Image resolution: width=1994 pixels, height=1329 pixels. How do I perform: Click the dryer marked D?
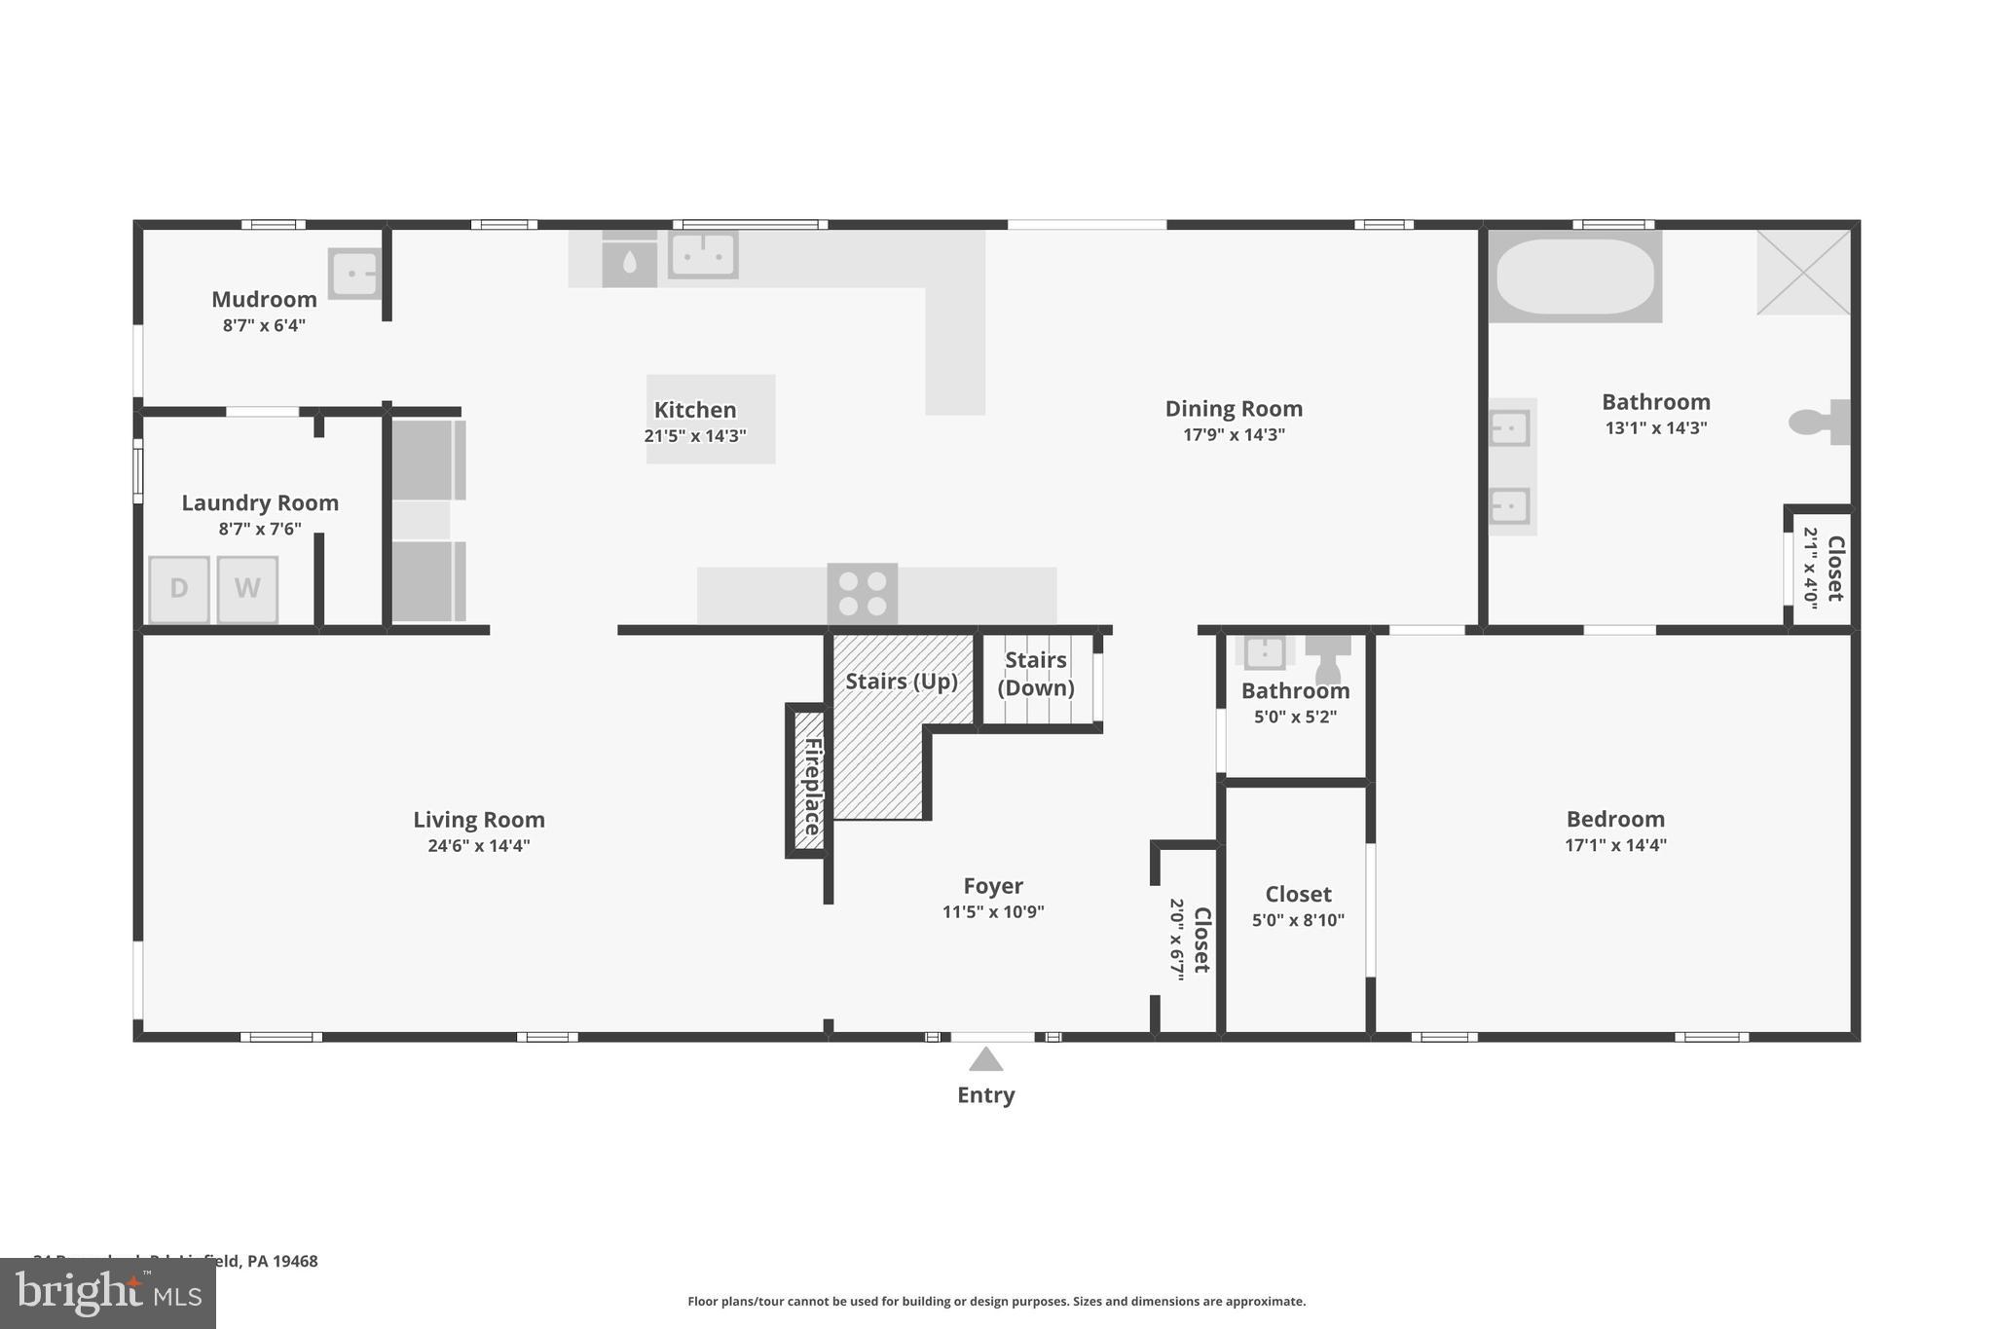179,589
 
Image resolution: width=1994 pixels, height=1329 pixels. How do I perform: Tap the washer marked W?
247,589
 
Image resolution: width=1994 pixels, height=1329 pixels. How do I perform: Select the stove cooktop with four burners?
863,594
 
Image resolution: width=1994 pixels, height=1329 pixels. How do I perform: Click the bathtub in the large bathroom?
1574,277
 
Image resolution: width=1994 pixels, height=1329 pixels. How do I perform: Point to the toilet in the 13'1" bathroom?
1817,422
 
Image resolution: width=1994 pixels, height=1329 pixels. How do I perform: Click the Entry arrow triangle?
985,1059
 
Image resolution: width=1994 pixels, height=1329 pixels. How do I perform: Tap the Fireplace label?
811,786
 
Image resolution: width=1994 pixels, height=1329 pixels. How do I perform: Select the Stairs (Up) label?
901,682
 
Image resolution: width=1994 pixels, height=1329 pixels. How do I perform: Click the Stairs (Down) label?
1035,674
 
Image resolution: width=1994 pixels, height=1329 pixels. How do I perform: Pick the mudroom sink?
353,273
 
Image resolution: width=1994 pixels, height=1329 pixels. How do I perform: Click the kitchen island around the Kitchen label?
711,419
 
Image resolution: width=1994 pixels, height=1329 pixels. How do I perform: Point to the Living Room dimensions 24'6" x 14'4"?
478,845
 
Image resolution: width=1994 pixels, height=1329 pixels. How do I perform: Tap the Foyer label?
992,886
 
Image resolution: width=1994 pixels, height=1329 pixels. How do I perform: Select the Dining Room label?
1234,409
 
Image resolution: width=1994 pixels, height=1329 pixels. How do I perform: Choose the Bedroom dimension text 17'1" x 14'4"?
1615,845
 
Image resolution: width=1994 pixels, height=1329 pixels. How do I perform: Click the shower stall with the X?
1802,273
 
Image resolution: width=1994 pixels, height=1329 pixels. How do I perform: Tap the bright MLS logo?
107,1293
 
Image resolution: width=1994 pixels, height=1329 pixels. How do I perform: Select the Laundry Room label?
260,503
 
